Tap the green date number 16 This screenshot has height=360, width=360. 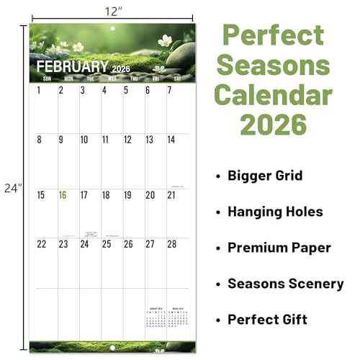(63, 195)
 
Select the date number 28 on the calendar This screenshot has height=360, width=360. (171, 244)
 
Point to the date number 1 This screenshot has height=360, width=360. (39, 91)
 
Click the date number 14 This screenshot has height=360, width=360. (171, 140)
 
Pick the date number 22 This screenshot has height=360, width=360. (41, 244)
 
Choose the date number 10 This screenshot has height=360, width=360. (84, 140)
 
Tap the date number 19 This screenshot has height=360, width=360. (127, 195)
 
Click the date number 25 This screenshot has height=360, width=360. (107, 244)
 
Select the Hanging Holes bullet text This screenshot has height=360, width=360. (275, 212)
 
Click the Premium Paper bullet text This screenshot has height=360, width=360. (279, 248)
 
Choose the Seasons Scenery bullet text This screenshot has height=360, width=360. (285, 284)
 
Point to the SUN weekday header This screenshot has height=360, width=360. (48, 78)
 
